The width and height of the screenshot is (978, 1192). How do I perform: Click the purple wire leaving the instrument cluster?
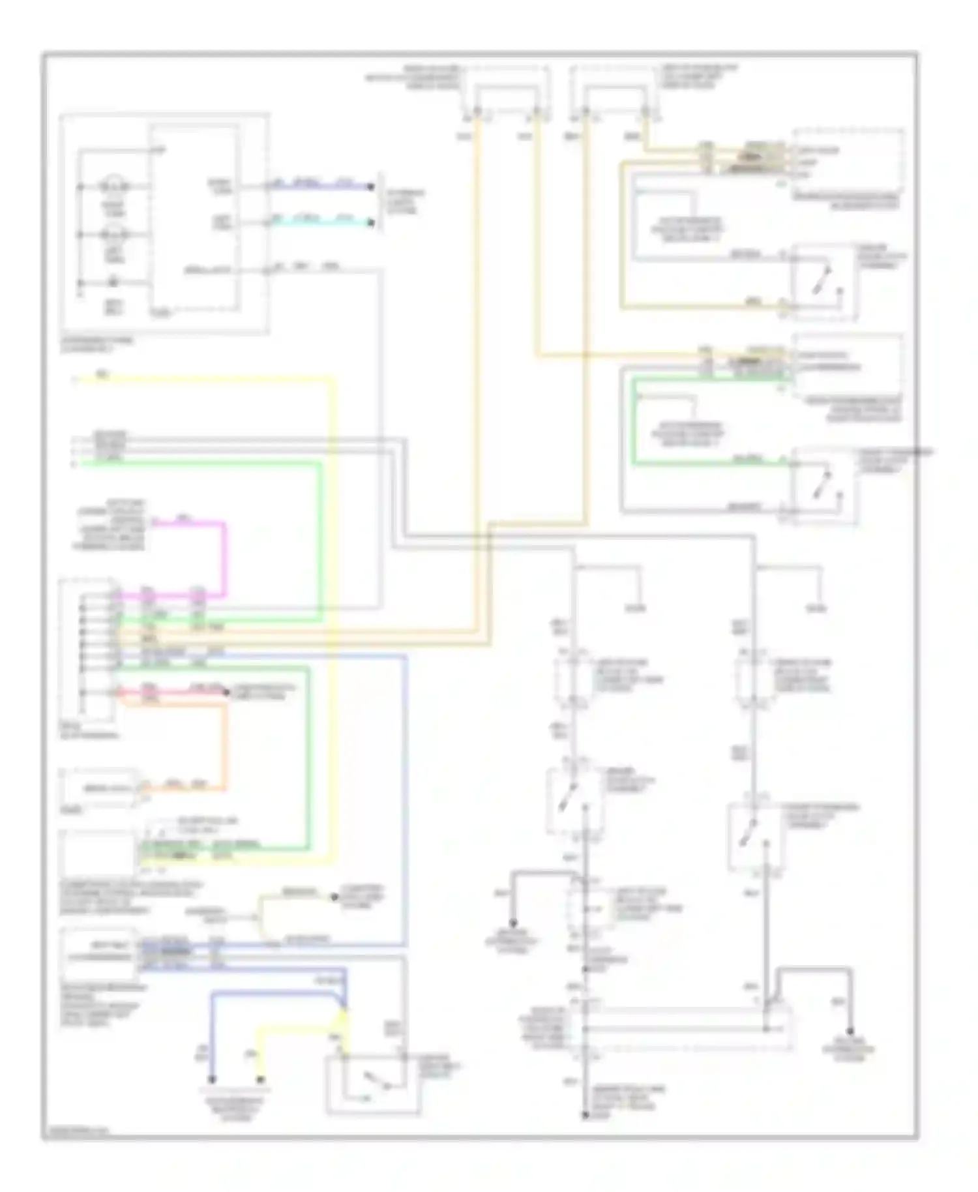click(x=319, y=186)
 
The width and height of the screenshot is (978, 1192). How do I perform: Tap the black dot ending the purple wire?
click(x=371, y=187)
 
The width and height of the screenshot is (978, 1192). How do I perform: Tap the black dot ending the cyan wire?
click(x=371, y=224)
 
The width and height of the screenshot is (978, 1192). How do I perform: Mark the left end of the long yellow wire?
click(x=76, y=380)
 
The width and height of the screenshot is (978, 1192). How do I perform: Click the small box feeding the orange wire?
click(x=98, y=788)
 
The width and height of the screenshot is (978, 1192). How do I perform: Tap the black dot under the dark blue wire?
click(x=211, y=1079)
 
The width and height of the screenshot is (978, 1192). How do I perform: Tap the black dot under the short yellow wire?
click(x=260, y=1079)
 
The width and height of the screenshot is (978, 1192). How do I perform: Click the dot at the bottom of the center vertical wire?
click(x=584, y=1116)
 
